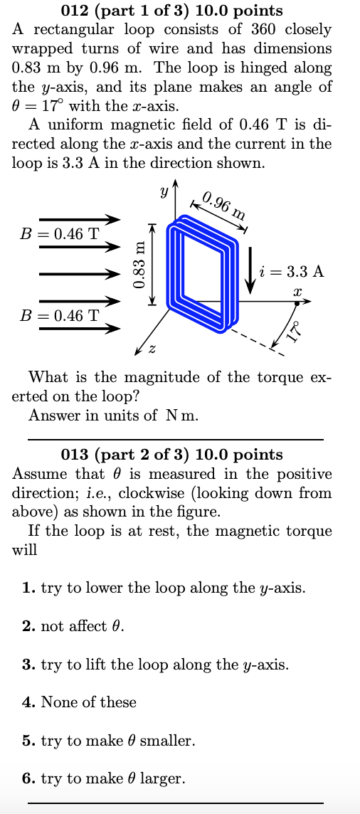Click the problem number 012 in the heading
[x=76, y=11]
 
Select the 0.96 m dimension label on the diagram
[x=223, y=205]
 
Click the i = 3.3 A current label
[x=292, y=271]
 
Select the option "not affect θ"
[x=73, y=626]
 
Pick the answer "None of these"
[x=80, y=702]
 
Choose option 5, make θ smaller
[x=109, y=741]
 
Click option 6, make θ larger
[x=104, y=779]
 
